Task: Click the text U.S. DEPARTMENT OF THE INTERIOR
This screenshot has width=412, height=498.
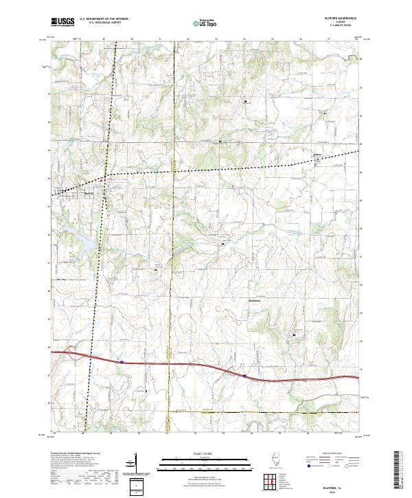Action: point(104,19)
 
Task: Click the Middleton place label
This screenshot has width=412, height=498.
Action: point(254,299)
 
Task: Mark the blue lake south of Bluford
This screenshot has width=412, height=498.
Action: point(88,240)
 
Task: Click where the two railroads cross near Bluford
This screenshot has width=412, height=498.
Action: point(104,177)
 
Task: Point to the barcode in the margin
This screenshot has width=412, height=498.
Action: point(399,470)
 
